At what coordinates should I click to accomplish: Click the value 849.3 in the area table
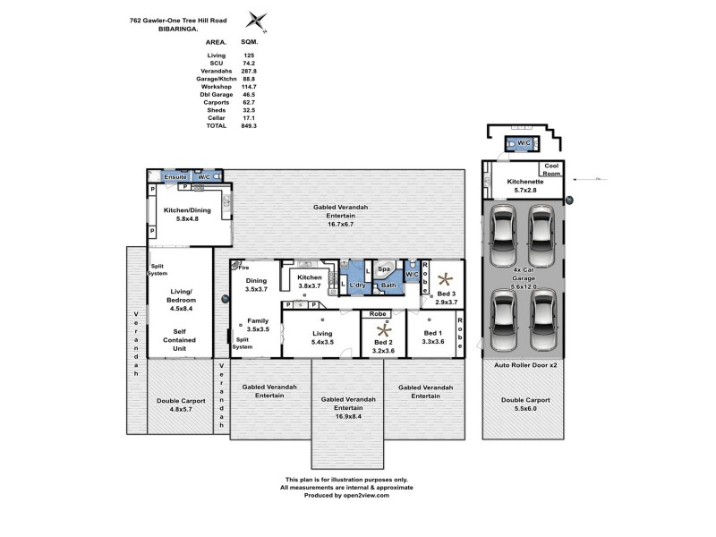coord(249,126)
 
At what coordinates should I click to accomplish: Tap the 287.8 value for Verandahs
coord(249,71)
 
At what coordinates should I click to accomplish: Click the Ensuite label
coord(175,177)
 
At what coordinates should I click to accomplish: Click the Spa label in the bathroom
coord(383,268)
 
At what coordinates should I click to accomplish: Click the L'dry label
coord(358,285)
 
